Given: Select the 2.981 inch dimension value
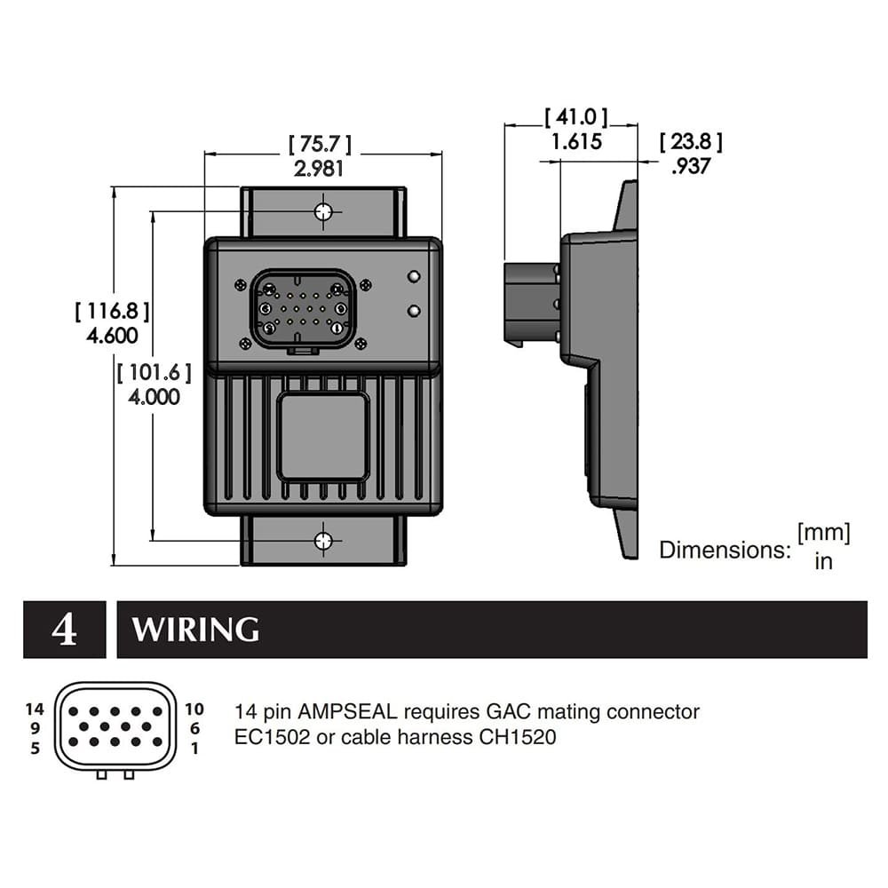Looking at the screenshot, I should click(320, 169).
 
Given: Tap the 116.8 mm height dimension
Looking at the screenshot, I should click(112, 311).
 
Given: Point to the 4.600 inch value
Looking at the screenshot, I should click(112, 335).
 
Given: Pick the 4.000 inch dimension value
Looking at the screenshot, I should click(154, 396).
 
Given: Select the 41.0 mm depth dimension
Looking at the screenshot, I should click(576, 117).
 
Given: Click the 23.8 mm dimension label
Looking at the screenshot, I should click(691, 141).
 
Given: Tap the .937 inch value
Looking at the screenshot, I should click(691, 165).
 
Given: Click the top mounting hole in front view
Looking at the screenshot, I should click(323, 211).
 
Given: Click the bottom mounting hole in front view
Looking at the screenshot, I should click(323, 540).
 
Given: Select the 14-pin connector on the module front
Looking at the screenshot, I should click(303, 311).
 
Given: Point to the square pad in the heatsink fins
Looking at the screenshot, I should click(322, 437).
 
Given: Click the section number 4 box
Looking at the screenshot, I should click(64, 630).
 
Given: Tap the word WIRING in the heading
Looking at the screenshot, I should click(195, 630).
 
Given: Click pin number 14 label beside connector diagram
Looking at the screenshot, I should click(35, 709).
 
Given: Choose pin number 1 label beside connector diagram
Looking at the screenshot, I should click(194, 748).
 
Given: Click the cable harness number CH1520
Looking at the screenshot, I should click(519, 737).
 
